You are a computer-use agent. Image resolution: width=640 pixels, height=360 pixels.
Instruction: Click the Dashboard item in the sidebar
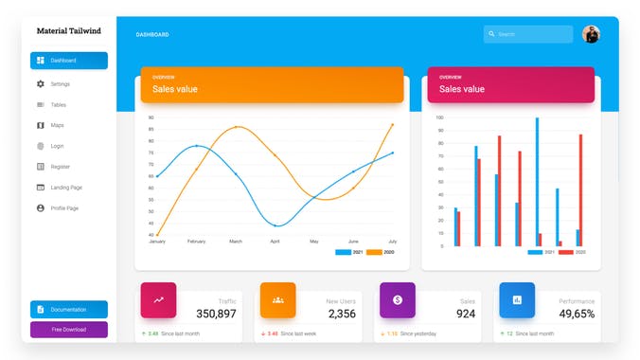68,61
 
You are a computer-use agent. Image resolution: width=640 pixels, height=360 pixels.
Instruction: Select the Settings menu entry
61,84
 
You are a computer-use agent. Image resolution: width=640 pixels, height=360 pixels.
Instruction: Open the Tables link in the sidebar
58,105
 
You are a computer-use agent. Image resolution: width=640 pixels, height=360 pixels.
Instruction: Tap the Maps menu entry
57,125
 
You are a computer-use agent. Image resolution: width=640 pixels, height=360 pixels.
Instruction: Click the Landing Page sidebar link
66,188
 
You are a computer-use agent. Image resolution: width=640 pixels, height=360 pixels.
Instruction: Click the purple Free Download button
68,330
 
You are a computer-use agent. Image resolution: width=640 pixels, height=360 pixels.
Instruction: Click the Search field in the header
527,34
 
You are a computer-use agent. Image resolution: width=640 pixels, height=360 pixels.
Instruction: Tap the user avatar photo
591,34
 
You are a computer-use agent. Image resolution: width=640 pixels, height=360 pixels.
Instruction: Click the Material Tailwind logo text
68,30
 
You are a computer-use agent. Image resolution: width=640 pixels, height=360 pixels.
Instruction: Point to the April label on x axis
275,242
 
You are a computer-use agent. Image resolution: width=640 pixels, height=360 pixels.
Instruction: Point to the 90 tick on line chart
151,117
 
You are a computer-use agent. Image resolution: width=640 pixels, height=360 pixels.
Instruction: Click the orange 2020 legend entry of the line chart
380,252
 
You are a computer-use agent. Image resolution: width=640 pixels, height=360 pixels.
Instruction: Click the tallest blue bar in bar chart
537,180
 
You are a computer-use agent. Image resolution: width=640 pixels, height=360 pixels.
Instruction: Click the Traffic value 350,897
216,314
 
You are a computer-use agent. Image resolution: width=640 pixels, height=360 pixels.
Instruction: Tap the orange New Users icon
277,299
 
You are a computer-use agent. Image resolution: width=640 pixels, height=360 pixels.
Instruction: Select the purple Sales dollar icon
398,299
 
